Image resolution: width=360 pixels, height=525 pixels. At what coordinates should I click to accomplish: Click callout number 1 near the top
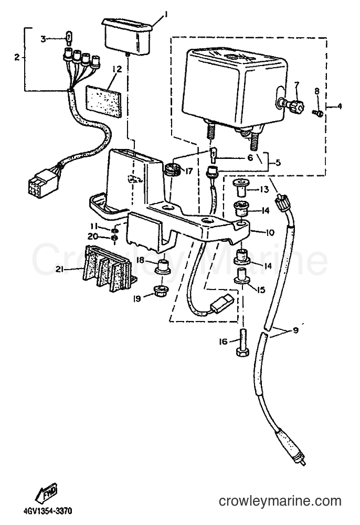pyautogui.click(x=165, y=14)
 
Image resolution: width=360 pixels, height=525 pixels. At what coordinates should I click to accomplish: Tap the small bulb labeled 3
pyautogui.click(x=68, y=38)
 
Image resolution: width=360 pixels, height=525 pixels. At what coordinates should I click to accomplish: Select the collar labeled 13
pyautogui.click(x=240, y=188)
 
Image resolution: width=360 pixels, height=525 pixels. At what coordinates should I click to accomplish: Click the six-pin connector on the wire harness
pyautogui.click(x=44, y=179)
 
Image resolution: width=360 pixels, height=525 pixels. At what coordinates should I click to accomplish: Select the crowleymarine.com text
pyautogui.click(x=280, y=501)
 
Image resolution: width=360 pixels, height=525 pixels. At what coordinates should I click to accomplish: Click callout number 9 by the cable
pyautogui.click(x=295, y=330)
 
